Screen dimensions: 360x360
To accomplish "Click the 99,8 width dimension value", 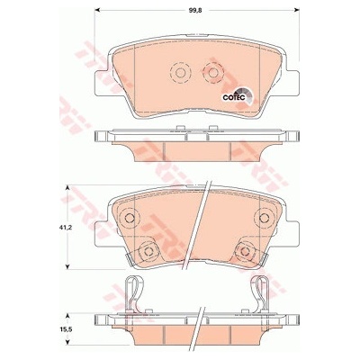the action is click(194, 10).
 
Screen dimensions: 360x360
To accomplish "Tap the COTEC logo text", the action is click(234, 97).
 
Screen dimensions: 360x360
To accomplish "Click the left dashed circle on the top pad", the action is click(180, 73).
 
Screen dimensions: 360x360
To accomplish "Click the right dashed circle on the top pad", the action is click(213, 73).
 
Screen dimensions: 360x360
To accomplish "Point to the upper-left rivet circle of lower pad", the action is click(129, 218).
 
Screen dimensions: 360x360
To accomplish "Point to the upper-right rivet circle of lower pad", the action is click(265, 218).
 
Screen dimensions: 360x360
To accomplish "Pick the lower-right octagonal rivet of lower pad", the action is click(245, 251).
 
